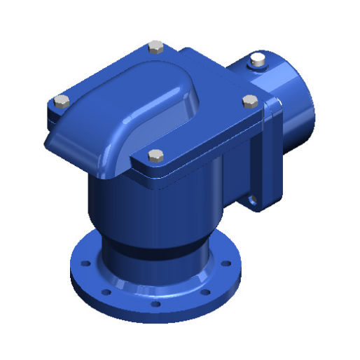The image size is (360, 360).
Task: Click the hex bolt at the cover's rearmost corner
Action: pyautogui.click(x=157, y=48)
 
